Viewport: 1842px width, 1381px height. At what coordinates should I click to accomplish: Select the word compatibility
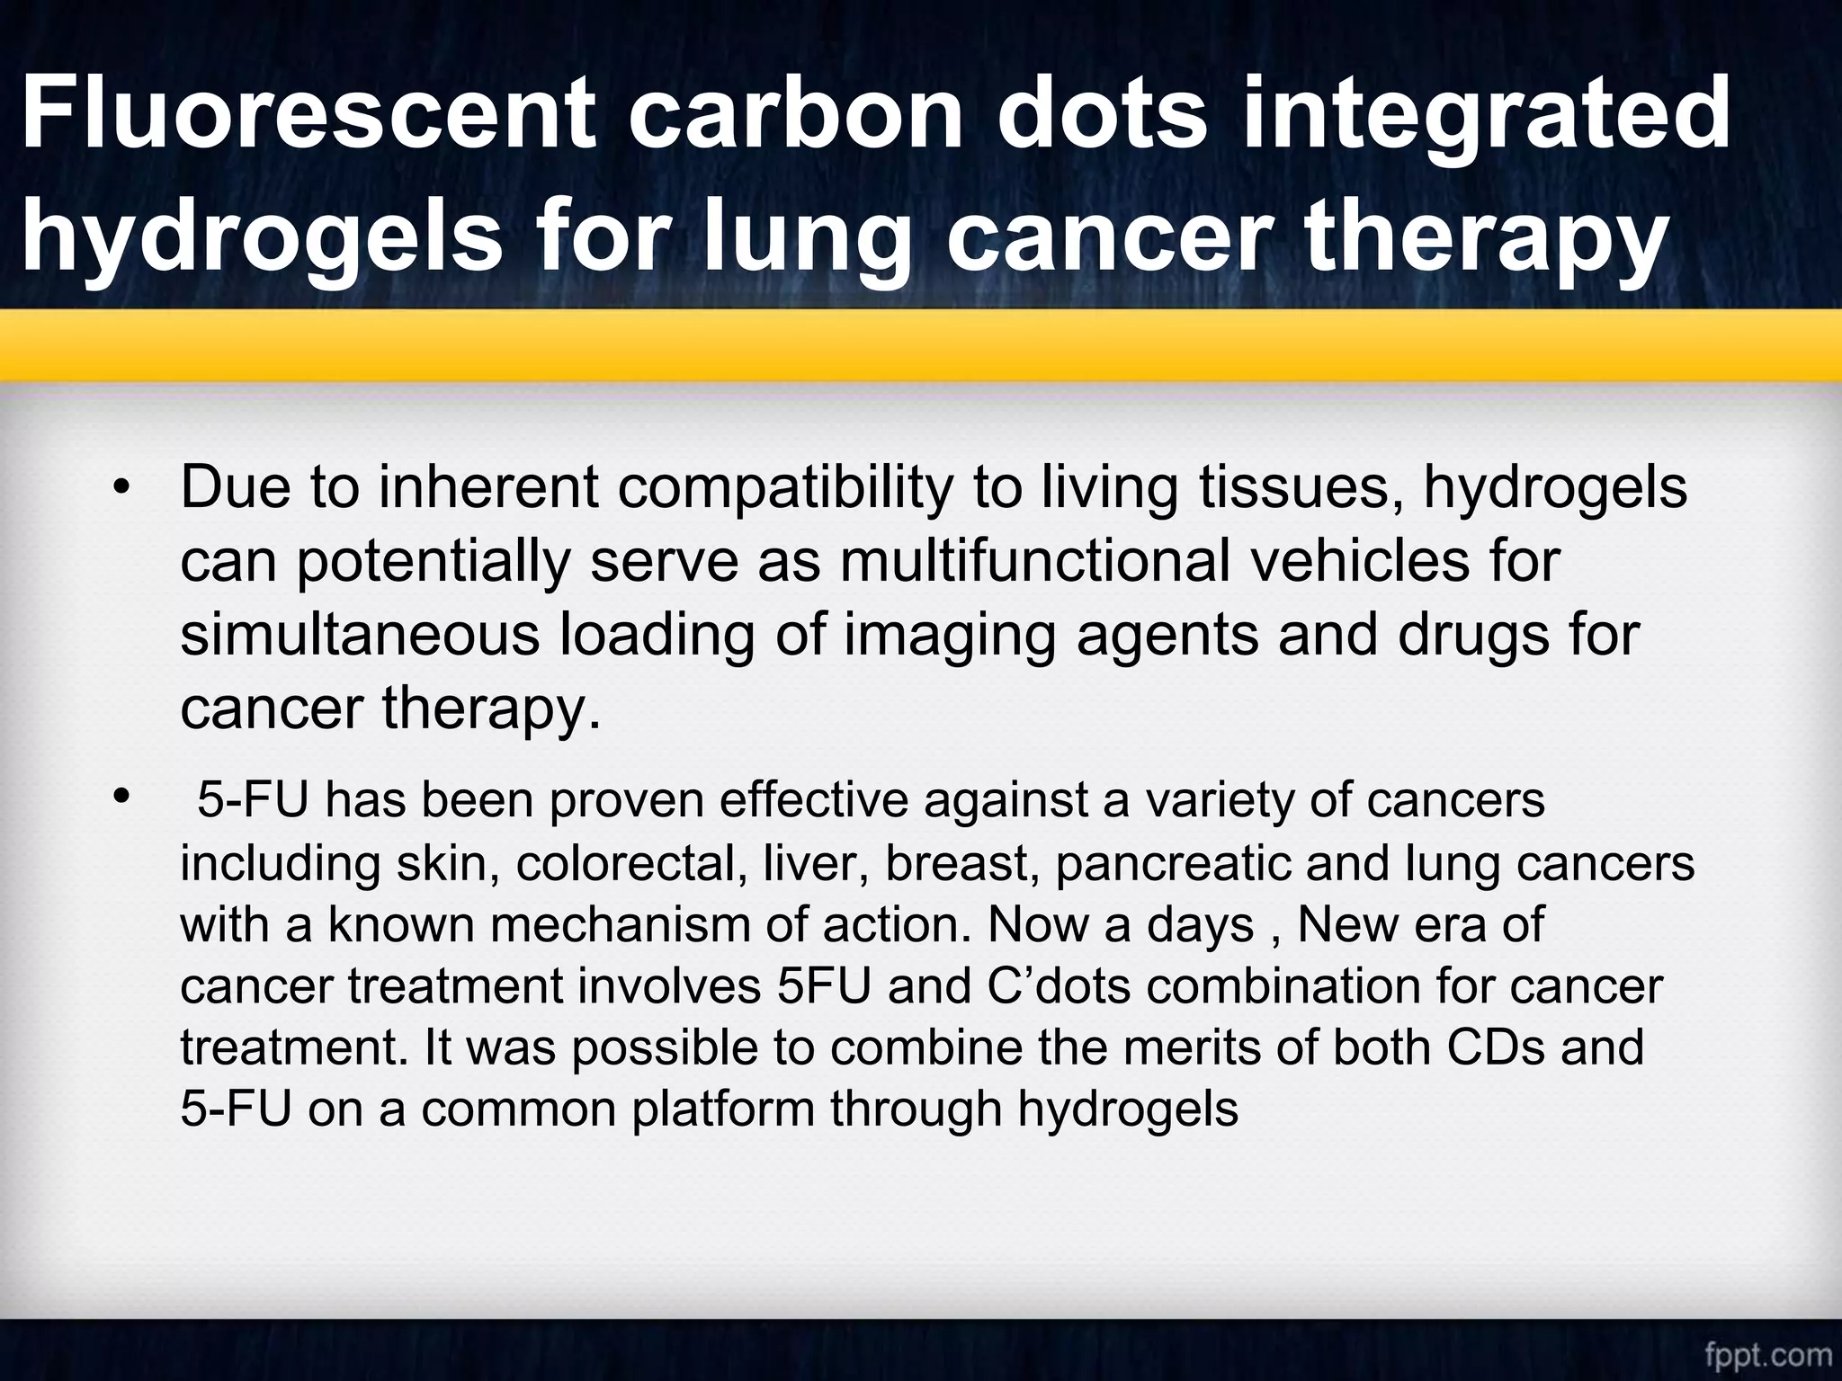pyautogui.click(x=777, y=488)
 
